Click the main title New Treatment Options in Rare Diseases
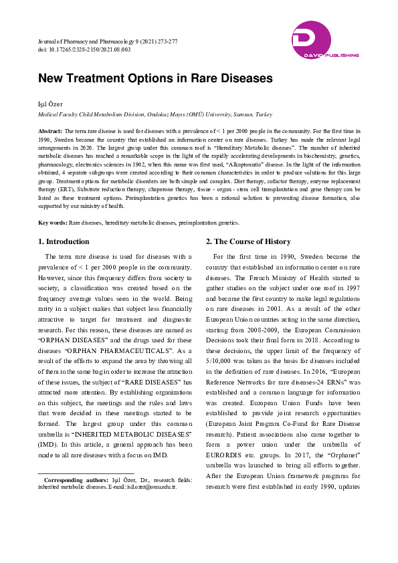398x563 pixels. pos(155,78)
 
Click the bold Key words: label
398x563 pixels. pos(53,222)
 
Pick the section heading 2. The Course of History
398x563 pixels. pos(248,241)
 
